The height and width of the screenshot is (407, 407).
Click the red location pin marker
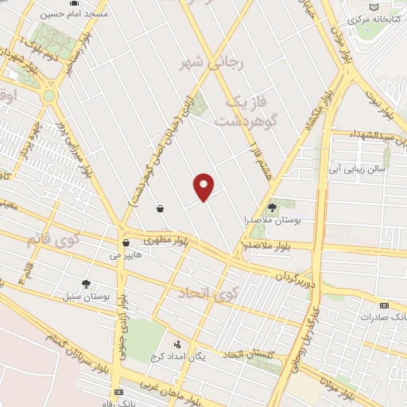204,186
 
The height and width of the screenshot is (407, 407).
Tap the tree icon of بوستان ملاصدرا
272,207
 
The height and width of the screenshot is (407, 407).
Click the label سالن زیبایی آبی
359,169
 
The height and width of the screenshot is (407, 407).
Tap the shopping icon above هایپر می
126,243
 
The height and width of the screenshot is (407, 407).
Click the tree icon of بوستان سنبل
86,284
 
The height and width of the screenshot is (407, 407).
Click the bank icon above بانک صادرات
384,305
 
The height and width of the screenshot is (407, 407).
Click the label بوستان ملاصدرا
272,219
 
